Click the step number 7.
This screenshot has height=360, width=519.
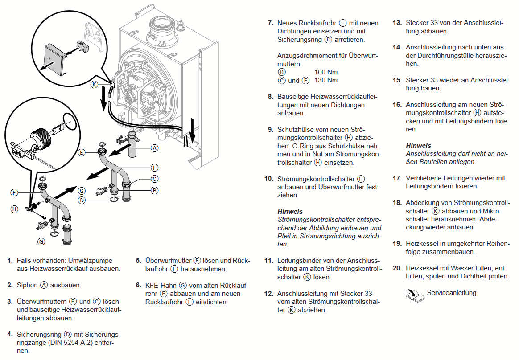point(270,23)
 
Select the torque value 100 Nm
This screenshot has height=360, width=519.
point(326,72)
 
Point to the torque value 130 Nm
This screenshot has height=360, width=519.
point(326,80)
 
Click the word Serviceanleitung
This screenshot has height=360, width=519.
point(451,293)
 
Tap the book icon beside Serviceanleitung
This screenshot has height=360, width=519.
point(415,295)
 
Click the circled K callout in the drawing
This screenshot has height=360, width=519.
point(94,84)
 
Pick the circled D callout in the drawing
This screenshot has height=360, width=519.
point(82,200)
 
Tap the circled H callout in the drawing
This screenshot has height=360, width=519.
point(15,209)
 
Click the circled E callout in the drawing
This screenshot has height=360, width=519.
point(82,152)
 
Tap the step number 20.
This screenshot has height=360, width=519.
point(397,268)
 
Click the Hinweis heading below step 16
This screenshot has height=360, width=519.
point(418,145)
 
